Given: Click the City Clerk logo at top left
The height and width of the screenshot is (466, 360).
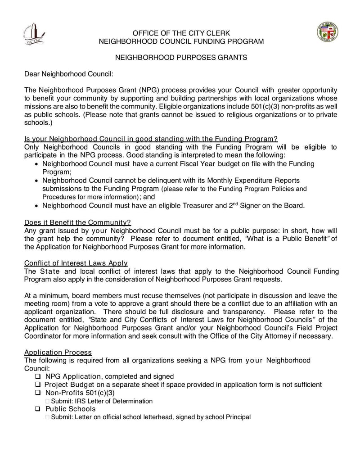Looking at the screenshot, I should [x=34, y=34].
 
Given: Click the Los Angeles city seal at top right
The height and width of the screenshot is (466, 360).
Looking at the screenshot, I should [x=328, y=32].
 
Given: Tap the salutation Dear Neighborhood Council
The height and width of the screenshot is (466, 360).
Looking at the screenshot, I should [x=68, y=74].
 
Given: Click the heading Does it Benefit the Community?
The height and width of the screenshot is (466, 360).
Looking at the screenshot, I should [x=77, y=222].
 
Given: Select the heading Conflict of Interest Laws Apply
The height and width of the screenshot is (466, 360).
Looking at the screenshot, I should [x=76, y=263].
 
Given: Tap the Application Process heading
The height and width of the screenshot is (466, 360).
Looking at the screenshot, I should [x=58, y=352].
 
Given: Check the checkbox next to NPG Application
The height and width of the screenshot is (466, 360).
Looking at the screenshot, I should [x=38, y=376].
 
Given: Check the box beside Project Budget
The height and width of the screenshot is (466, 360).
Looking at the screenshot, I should [x=38, y=385].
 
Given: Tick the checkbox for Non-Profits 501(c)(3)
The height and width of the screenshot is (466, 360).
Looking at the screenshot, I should [x=38, y=393].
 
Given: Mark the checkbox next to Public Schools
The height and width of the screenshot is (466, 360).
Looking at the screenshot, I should [x=38, y=409].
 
